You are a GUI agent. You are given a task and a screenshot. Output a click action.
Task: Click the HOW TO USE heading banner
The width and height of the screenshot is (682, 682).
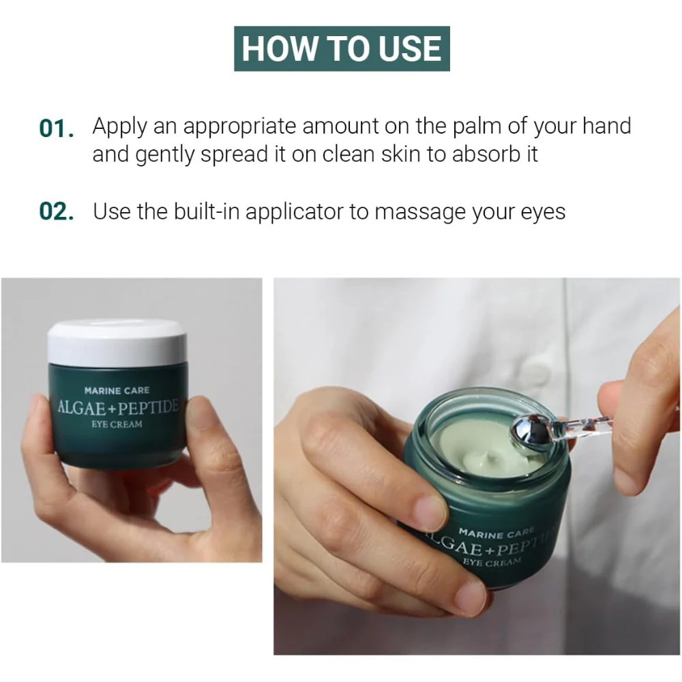tap(342, 48)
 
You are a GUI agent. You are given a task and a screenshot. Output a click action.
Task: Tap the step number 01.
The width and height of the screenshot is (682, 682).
tap(56, 128)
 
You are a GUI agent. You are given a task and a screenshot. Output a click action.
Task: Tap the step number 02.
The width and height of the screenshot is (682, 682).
tap(56, 211)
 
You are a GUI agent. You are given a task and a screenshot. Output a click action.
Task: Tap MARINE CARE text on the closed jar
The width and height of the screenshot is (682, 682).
tap(117, 391)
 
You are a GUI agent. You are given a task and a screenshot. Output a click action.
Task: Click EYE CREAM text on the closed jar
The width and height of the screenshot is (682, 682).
tap(117, 424)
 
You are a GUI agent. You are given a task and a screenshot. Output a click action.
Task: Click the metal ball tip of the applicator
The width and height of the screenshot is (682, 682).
tap(528, 432)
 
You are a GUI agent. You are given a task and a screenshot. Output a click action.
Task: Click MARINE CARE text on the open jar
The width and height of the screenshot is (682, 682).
tap(496, 533)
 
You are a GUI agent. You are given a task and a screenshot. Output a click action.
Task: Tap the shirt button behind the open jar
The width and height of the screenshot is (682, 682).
tap(535, 374)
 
